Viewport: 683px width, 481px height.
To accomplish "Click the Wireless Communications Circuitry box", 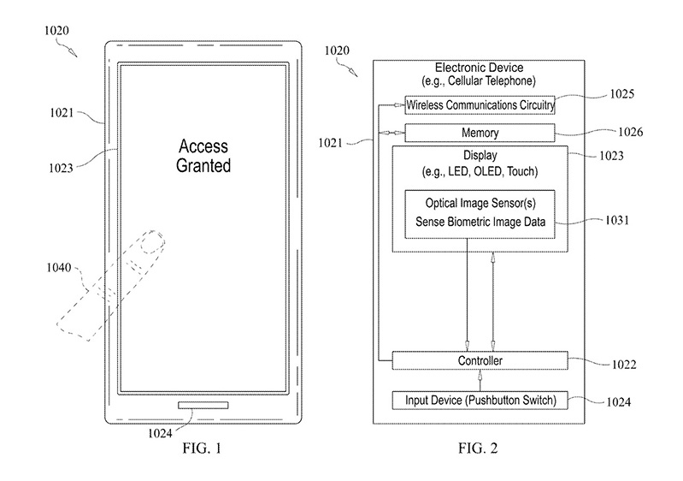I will (480, 105).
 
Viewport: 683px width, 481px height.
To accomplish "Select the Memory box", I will (480, 134).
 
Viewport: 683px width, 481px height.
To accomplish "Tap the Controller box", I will (480, 361).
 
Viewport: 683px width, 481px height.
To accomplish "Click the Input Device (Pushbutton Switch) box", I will (480, 400).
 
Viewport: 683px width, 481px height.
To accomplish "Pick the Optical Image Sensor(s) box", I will (480, 214).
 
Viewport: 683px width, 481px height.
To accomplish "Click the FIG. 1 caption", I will (202, 448).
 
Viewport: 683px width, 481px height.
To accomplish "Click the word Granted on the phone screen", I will (203, 165).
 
